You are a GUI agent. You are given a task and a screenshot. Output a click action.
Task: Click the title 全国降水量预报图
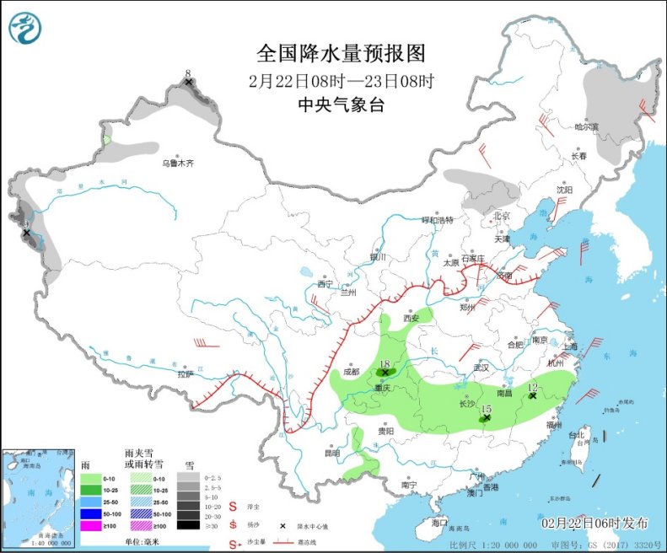pyautogui.click(x=342, y=53)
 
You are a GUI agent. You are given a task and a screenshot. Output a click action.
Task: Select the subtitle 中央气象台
pyautogui.click(x=342, y=105)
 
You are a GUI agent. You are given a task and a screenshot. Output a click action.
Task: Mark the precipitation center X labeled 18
pyautogui.click(x=385, y=372)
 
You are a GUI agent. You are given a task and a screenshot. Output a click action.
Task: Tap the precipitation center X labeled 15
pyautogui.click(x=486, y=416)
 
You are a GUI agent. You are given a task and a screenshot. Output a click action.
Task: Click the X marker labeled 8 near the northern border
pyautogui.click(x=188, y=82)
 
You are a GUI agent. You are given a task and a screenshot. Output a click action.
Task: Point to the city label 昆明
pyautogui.click(x=333, y=453)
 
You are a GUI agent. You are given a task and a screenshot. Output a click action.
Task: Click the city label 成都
pyautogui.click(x=351, y=371)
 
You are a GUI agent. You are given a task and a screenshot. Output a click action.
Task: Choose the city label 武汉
pyautogui.click(x=481, y=368)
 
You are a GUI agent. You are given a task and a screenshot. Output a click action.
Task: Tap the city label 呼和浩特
pyautogui.click(x=438, y=220)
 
